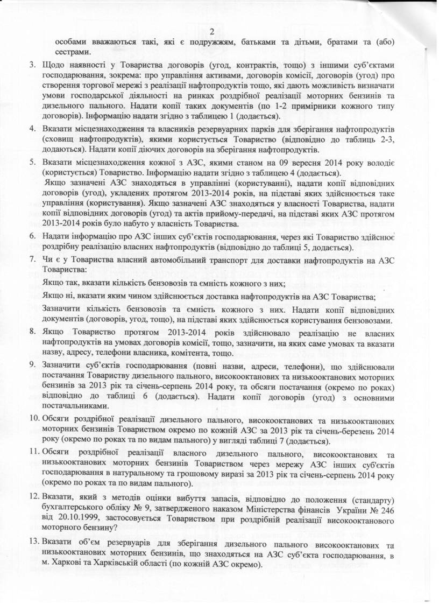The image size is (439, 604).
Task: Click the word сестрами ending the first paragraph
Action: point(71,52)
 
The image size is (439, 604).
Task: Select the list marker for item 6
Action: point(32,237)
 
